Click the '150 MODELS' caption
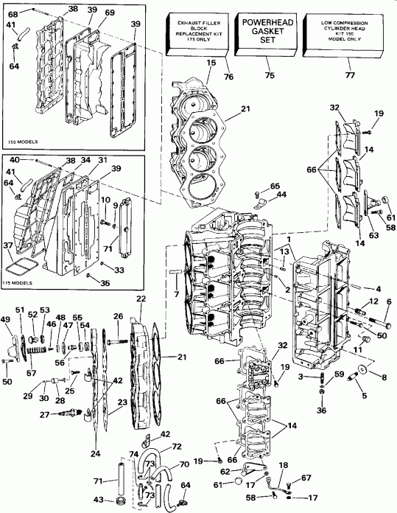tap(24, 141)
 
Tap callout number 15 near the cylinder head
tap(211, 63)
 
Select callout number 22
tap(141, 299)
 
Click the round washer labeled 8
tap(365, 369)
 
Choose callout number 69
tap(110, 13)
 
